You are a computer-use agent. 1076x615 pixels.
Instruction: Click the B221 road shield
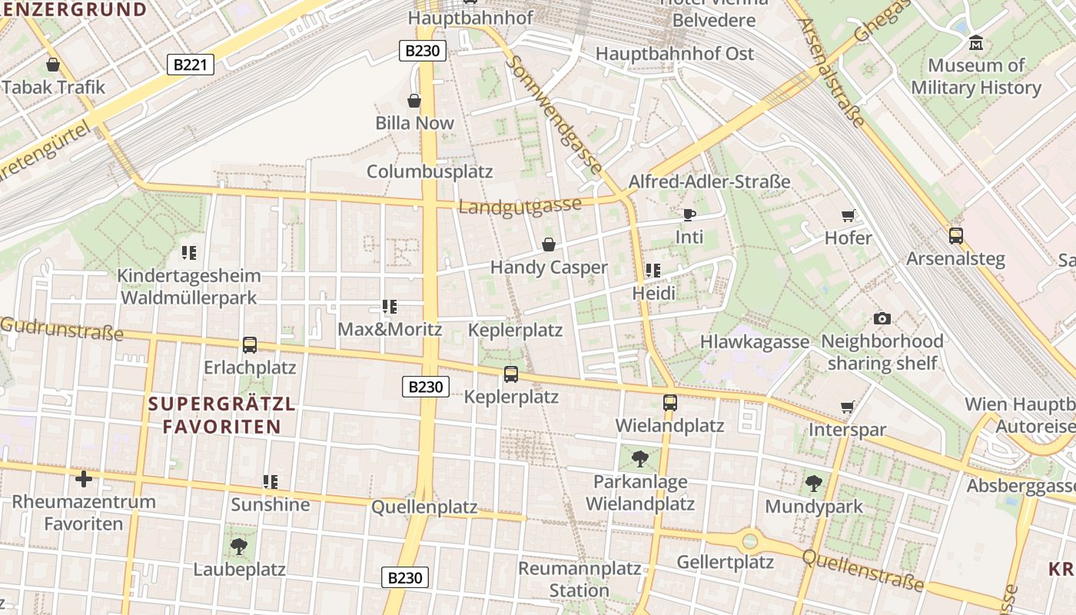(190, 65)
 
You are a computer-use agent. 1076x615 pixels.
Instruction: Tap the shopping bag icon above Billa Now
(414, 101)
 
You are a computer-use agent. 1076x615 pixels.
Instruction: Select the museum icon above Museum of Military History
(976, 43)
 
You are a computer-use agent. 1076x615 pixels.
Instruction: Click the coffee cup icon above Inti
(689, 214)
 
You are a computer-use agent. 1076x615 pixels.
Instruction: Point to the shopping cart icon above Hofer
(849, 216)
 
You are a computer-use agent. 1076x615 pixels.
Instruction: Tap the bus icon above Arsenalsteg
(955, 236)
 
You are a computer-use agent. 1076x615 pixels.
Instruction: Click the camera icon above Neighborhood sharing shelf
(882, 318)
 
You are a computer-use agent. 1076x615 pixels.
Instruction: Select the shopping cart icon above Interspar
(848, 407)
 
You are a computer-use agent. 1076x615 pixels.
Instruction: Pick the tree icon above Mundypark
(814, 484)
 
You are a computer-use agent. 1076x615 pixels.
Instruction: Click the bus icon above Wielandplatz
(669, 402)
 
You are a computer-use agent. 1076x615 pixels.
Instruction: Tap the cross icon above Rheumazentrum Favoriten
(83, 479)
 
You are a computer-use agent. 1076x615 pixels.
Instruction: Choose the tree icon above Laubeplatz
(239, 547)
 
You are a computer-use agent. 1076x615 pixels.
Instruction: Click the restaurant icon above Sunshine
(271, 482)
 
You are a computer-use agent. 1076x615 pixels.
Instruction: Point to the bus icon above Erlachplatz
(250, 344)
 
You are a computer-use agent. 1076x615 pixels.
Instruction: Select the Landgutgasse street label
(520, 207)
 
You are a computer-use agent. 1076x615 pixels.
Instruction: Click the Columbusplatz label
(430, 171)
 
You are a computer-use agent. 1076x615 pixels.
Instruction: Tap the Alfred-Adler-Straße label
(709, 182)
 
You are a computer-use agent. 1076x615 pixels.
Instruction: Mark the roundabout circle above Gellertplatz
(749, 540)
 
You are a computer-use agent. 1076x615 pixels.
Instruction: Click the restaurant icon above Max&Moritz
(390, 307)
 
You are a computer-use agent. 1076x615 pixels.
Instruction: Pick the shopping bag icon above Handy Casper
(549, 244)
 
